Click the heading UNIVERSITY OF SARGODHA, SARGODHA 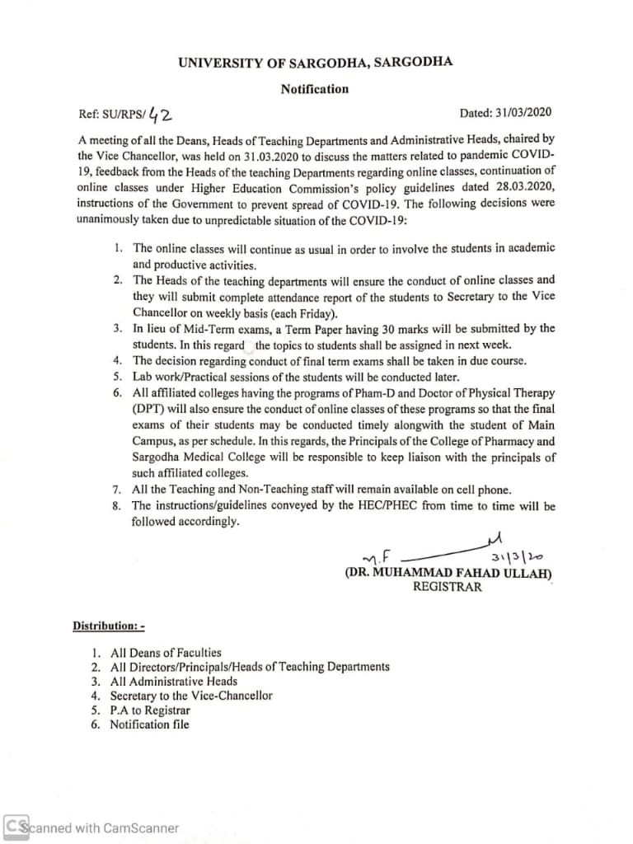(315, 62)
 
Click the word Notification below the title (315, 89)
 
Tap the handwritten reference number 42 (156, 112)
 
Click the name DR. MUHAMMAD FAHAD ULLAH (449, 574)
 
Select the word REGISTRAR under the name (448, 588)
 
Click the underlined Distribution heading (108, 626)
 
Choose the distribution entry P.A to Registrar (150, 710)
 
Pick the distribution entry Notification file (149, 724)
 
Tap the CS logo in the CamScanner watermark (14, 827)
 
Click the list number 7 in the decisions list (118, 490)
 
